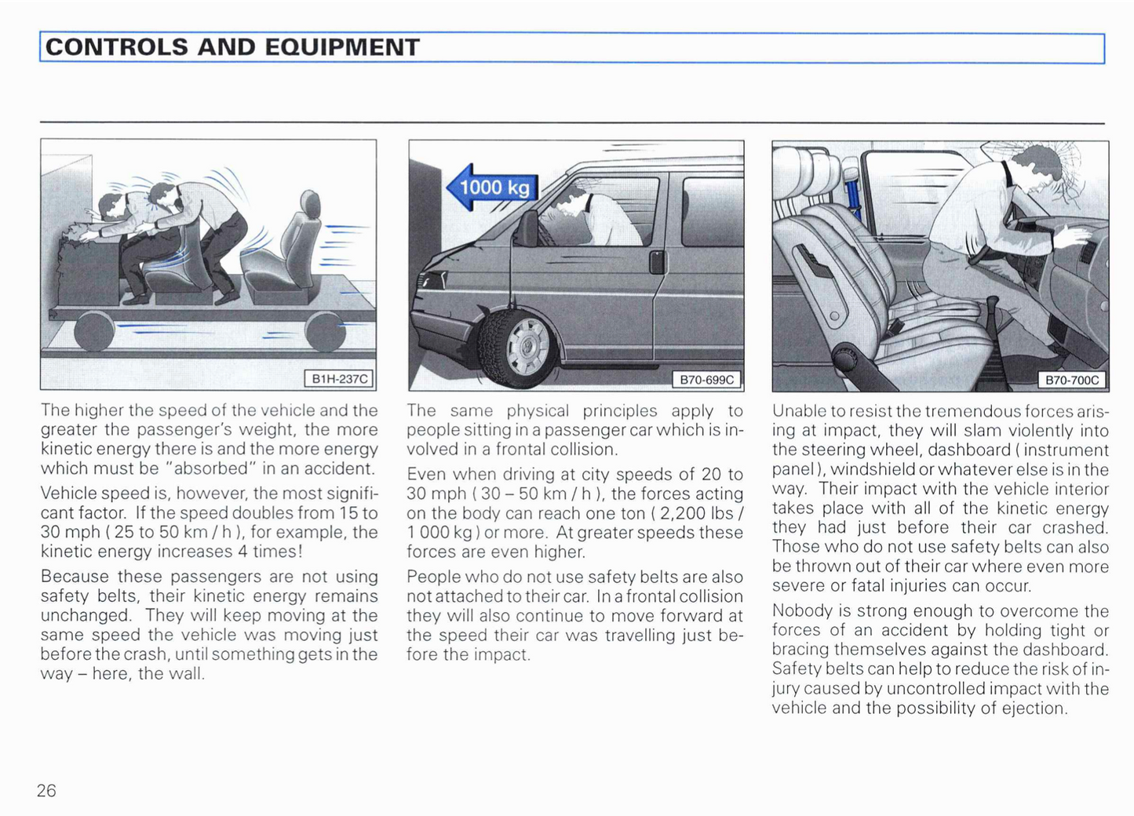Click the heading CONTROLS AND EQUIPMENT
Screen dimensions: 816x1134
[232, 47]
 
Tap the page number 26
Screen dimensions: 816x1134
[46, 790]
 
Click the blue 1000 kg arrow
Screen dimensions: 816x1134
[493, 188]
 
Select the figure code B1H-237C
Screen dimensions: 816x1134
[339, 379]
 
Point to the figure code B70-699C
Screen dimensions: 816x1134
[706, 380]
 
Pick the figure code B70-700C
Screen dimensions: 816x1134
[1072, 381]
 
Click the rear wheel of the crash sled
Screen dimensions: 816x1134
[325, 330]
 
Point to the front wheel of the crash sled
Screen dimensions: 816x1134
[94, 330]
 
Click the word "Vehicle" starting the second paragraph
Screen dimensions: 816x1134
[69, 494]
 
